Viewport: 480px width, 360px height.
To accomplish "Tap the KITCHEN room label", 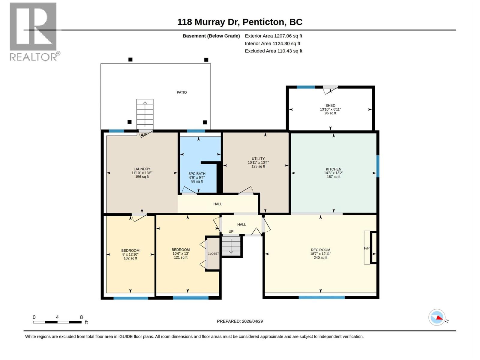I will pos(333,169).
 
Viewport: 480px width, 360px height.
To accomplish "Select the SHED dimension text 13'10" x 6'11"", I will pos(330,109).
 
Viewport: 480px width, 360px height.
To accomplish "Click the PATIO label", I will pos(181,92).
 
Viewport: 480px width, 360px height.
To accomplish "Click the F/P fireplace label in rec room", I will pos(367,248).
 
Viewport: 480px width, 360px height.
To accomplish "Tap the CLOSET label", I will pos(213,253).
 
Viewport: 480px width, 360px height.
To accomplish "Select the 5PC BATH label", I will pos(197,174).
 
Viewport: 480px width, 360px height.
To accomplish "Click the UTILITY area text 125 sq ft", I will pos(258,166).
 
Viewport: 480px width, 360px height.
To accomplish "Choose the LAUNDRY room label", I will pos(142,169).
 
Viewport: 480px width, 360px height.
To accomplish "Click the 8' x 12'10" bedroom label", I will pos(130,254).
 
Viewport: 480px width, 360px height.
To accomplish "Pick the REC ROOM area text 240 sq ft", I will pos(320,258).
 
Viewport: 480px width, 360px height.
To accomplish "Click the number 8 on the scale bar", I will pos(81,317).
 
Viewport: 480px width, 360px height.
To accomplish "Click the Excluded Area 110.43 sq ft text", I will pos(273,51).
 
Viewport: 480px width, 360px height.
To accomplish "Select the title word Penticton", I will pos(263,22).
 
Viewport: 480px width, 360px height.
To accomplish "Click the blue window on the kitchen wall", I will pos(378,166).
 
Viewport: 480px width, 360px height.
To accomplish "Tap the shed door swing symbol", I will pos(330,89).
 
